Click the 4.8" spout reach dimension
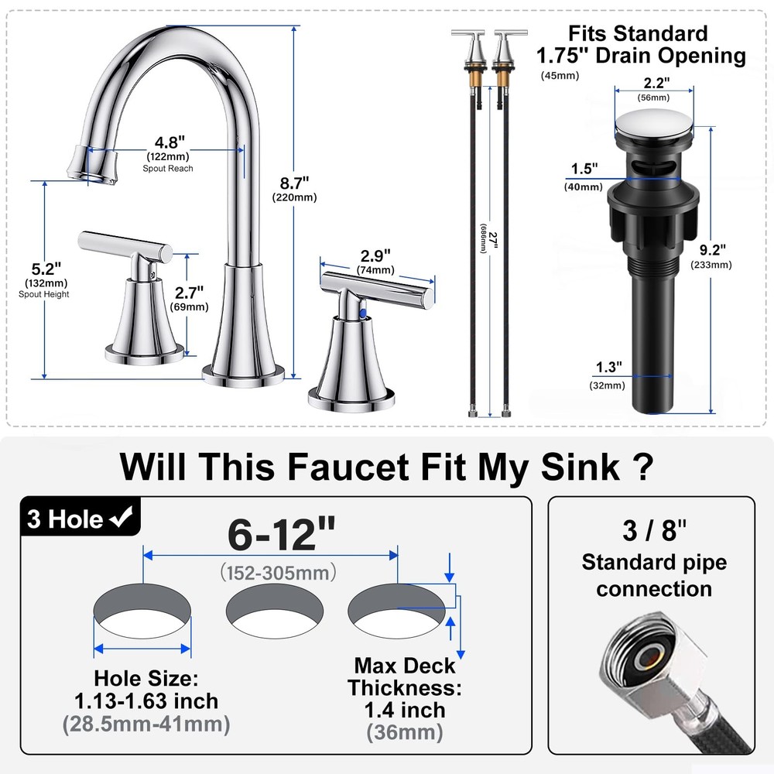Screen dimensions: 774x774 [170, 142]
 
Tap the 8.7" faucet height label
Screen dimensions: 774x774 [294, 183]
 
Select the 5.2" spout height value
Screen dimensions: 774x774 [46, 269]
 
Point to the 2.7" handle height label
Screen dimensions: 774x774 [189, 293]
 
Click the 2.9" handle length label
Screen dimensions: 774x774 [375, 256]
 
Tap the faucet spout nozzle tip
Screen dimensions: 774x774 [92, 166]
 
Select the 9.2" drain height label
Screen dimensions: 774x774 [712, 250]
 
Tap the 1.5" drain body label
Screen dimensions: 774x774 [584, 169]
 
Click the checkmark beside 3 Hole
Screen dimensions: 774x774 [122, 518]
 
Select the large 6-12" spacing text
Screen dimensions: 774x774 [282, 533]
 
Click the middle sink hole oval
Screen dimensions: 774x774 [275, 611]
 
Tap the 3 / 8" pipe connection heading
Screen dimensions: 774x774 [654, 531]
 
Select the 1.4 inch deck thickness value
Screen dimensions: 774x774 [405, 711]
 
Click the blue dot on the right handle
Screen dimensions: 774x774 [363, 313]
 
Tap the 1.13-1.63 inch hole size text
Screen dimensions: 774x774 [146, 701]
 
